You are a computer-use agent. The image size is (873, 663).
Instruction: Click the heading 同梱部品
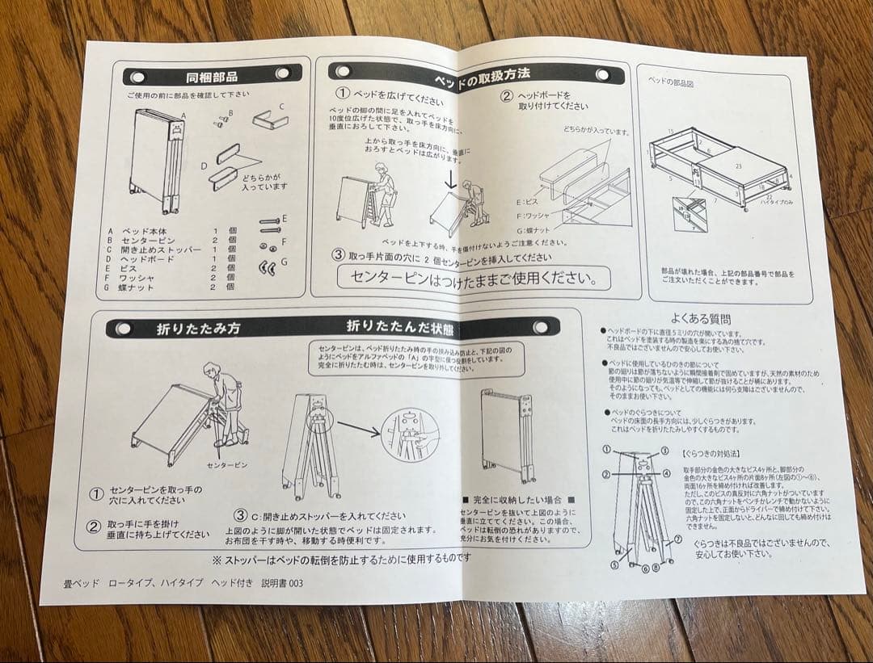(212, 78)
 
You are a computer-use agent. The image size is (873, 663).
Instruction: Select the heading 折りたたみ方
(187, 329)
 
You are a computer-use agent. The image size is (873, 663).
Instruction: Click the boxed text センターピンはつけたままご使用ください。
(474, 279)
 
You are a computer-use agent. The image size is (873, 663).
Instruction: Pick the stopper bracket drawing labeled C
(269, 120)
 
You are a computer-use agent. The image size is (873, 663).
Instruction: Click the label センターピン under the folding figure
(227, 465)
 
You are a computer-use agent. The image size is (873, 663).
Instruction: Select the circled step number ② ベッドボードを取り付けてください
(507, 95)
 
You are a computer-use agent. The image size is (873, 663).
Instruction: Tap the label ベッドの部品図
(672, 82)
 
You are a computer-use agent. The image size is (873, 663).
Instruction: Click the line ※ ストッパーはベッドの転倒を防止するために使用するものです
(341, 558)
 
